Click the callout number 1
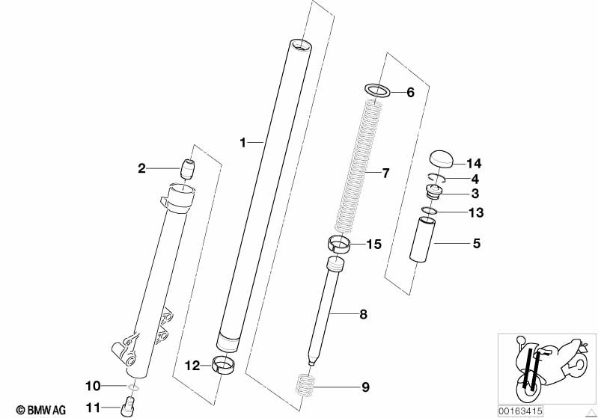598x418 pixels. pos(243,143)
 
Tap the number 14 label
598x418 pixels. pos(474,164)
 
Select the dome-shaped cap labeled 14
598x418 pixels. pos(442,159)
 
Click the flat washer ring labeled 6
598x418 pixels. pos(378,90)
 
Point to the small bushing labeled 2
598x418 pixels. pos(187,169)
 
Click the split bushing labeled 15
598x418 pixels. pos(339,244)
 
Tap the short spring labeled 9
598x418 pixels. pos(306,386)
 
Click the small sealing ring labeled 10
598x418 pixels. pos(133,387)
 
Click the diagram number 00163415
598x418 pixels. pos(520,411)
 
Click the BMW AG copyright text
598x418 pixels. pos(41,410)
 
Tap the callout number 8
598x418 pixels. pos(364,315)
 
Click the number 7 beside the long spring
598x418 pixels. pos(385,173)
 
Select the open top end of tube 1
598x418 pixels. pos(301,45)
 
